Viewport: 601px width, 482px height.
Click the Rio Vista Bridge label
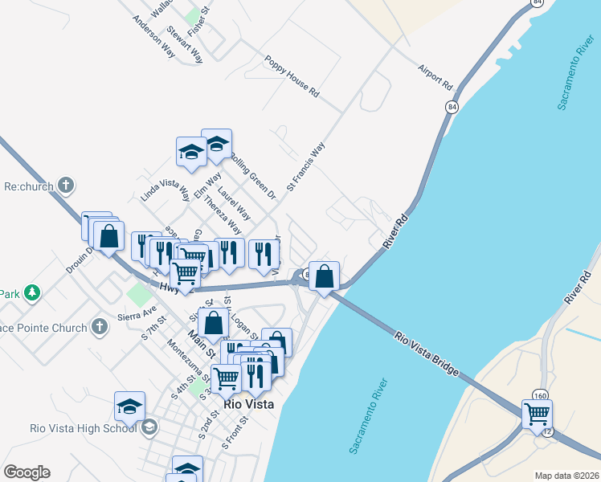427,353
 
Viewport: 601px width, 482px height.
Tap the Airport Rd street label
436,76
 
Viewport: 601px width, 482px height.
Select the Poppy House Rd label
292,76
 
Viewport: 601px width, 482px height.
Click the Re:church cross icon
67,186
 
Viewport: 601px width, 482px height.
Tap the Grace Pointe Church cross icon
99,327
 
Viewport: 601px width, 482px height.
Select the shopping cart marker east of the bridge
537,415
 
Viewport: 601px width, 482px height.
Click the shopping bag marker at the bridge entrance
324,277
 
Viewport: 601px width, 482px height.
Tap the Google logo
27,472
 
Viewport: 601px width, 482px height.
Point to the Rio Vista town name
249,405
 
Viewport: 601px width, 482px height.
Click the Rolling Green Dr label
253,176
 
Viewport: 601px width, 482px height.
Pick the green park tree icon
31,292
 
